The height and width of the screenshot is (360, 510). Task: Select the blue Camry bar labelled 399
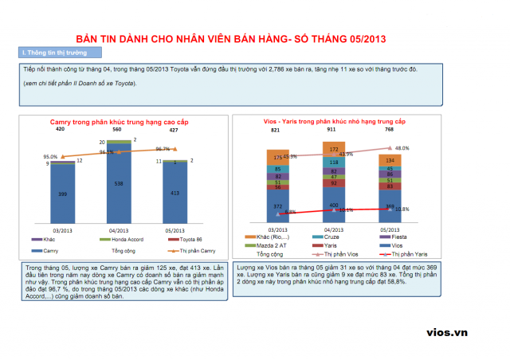coord(63,194)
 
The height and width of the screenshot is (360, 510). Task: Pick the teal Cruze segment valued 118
coord(334,162)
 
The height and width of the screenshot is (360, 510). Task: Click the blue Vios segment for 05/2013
coord(390,208)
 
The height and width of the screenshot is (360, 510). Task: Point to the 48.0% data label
coord(402,148)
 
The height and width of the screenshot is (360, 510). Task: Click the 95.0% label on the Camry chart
coord(50,157)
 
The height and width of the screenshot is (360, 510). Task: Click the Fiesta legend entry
coord(394,237)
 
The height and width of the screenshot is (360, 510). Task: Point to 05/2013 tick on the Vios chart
coord(390,227)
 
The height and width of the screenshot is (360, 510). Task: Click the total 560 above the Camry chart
coord(117,128)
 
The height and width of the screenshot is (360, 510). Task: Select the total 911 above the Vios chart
coord(332,128)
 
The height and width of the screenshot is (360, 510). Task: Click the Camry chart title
coord(118,120)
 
